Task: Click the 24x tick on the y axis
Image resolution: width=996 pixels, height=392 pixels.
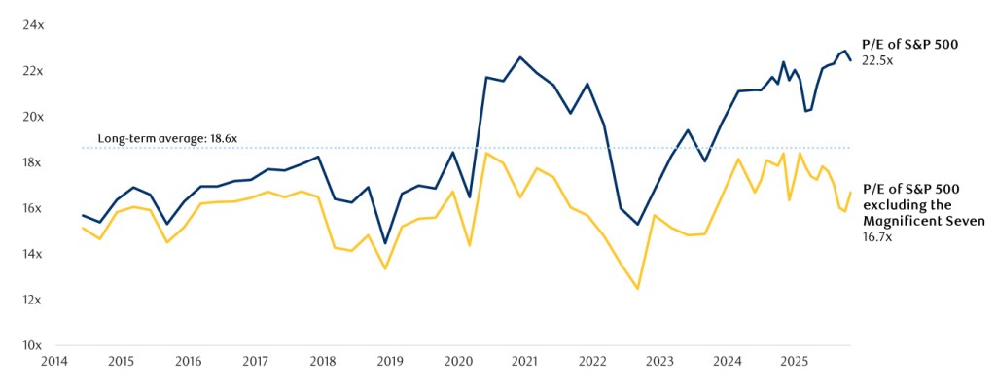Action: (x=34, y=25)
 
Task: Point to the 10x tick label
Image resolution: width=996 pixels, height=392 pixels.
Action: (x=34, y=345)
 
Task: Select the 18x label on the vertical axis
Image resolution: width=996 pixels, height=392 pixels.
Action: (x=34, y=162)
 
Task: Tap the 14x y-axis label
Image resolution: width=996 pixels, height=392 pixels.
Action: (x=34, y=254)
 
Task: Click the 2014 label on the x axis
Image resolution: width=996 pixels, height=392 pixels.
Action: (x=53, y=362)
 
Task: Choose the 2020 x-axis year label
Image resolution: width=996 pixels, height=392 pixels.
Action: (x=457, y=362)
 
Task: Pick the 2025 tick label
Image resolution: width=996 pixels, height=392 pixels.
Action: (x=794, y=362)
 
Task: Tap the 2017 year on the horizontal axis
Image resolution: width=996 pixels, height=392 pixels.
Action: (x=255, y=362)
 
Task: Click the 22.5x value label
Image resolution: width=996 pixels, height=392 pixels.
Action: (x=877, y=60)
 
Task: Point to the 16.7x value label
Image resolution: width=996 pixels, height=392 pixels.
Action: (x=877, y=236)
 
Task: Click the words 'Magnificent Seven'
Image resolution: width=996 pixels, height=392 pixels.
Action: (x=924, y=222)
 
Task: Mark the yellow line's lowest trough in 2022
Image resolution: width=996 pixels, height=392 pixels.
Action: (x=638, y=289)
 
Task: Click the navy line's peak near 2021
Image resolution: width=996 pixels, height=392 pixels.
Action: (x=519, y=57)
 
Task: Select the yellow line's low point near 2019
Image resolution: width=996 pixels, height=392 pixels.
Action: (x=386, y=268)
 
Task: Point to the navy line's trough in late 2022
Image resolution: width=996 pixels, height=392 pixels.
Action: (x=638, y=225)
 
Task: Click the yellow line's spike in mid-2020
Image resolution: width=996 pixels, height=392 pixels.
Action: (x=485, y=153)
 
